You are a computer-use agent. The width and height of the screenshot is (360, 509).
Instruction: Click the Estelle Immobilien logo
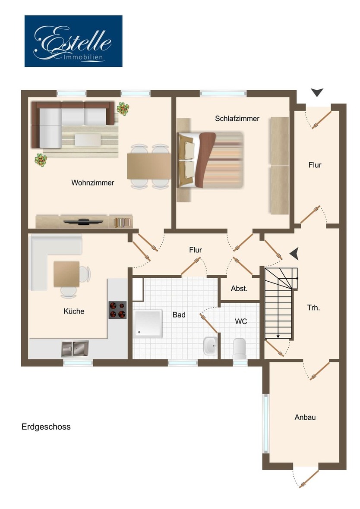click(73, 41)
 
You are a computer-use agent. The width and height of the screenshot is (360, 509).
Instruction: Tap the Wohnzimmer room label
click(93, 183)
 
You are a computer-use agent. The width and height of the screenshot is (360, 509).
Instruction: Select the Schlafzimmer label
click(237, 118)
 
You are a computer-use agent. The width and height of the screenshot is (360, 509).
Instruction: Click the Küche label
click(74, 311)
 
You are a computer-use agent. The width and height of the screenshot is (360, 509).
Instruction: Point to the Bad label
click(179, 315)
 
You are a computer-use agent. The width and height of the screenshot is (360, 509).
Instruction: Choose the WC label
click(241, 321)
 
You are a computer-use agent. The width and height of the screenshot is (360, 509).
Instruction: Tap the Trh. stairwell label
click(313, 308)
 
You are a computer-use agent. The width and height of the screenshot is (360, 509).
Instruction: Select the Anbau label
click(305, 417)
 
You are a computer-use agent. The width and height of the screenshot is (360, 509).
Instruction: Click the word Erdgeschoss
click(46, 427)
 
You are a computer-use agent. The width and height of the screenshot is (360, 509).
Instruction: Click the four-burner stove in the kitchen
click(117, 310)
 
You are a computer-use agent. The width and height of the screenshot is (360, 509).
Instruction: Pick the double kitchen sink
click(75, 348)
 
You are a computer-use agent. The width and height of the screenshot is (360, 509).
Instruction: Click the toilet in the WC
click(240, 347)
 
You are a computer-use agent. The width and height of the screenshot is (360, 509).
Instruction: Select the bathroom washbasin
click(210, 346)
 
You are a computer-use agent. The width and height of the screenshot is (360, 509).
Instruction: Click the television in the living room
click(83, 222)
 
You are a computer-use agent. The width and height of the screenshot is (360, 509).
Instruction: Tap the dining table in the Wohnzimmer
click(149, 166)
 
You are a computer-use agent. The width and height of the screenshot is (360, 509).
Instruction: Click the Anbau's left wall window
click(266, 422)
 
